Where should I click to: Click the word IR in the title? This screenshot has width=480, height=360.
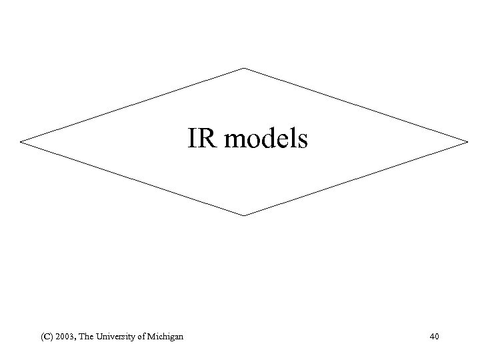pos(199,139)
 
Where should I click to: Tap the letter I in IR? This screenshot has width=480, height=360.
pos(192,139)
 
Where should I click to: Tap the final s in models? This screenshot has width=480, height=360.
pos(302,141)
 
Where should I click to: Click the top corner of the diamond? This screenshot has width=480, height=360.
pos(244,68)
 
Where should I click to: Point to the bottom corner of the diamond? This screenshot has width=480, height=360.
pos(244,215)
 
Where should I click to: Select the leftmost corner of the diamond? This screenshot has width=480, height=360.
pos(21,142)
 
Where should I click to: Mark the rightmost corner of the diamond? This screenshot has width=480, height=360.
pos(468,141)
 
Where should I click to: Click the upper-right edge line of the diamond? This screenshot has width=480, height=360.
pos(356,105)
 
